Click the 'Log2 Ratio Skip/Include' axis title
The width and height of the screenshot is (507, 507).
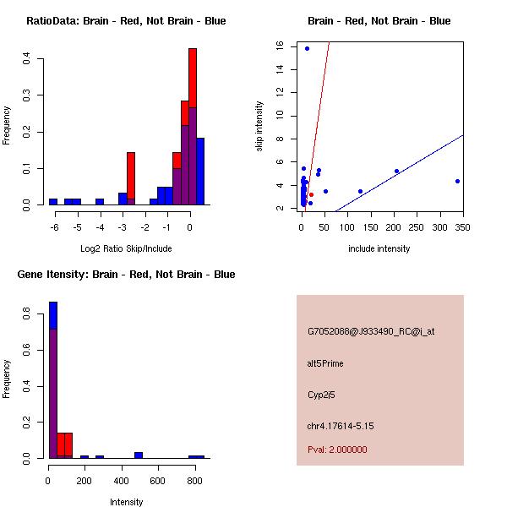click(x=126, y=248)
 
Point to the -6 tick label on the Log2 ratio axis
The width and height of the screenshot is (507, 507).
click(x=54, y=226)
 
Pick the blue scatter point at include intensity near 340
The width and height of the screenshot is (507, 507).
click(x=457, y=181)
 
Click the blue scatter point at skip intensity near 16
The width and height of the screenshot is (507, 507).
click(x=307, y=49)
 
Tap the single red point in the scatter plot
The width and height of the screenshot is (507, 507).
click(x=311, y=194)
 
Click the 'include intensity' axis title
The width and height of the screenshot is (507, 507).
click(x=379, y=248)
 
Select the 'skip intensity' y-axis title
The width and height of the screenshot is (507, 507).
click(x=260, y=127)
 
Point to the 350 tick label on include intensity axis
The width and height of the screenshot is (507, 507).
click(x=462, y=226)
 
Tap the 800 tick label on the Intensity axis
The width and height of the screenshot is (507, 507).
click(x=194, y=480)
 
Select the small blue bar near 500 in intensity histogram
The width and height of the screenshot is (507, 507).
click(x=139, y=455)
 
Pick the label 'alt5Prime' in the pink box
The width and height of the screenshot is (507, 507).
click(x=325, y=363)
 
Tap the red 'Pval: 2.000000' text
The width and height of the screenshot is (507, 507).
click(x=337, y=450)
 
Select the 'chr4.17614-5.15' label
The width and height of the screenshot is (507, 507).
click(x=341, y=426)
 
